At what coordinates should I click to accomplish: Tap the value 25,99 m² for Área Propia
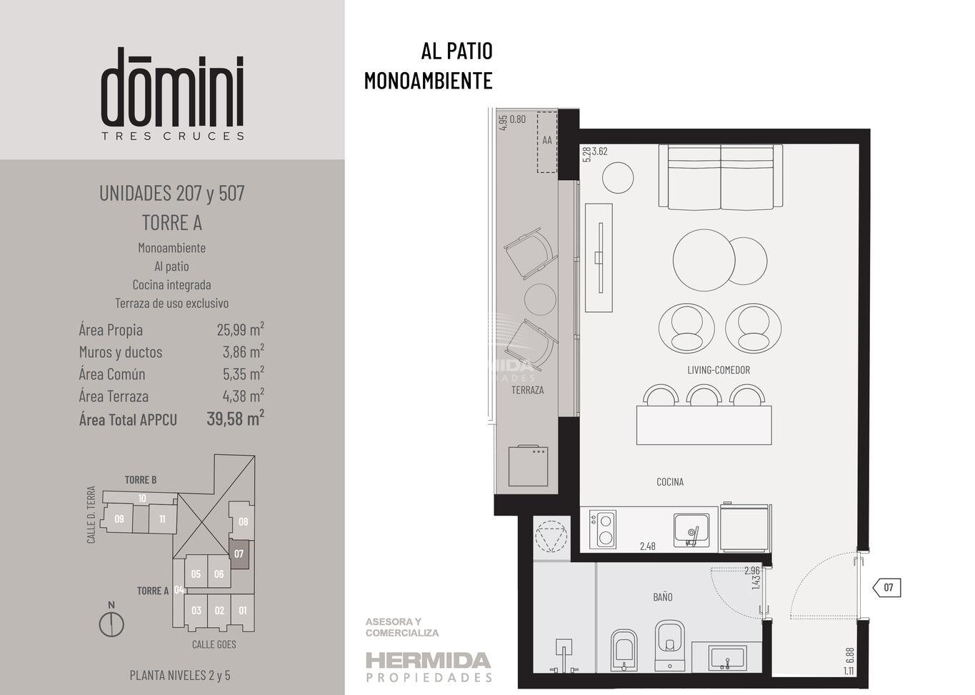[241, 329]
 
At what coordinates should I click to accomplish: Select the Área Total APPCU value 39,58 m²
[236, 419]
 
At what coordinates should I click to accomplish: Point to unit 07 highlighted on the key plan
[239, 554]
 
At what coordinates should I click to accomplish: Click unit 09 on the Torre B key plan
[119, 519]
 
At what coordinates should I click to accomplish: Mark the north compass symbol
[111, 621]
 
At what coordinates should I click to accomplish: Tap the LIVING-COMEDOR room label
[719, 370]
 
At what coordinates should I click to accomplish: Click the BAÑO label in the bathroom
[662, 597]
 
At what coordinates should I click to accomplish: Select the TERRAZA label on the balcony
[528, 390]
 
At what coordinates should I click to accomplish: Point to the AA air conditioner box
[547, 142]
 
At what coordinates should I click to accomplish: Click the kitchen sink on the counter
[691, 530]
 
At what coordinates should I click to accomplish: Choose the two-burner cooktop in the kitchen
[603, 529]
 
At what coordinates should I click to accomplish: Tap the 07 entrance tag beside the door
[886, 588]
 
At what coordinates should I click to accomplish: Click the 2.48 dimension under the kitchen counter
[648, 546]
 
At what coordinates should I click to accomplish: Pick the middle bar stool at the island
[704, 395]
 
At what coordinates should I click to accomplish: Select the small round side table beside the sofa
[618, 178]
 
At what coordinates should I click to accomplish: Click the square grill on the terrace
[528, 466]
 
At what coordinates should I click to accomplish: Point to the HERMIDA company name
[429, 661]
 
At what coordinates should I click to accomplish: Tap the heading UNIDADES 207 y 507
[172, 194]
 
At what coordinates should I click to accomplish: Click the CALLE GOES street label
[214, 644]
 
